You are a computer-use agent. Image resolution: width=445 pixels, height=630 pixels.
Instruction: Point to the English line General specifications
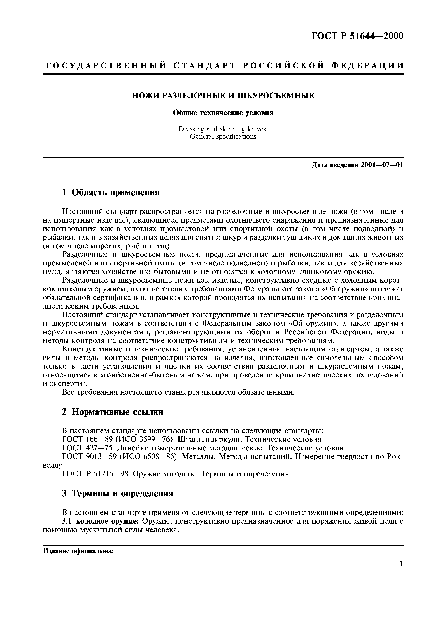223,136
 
